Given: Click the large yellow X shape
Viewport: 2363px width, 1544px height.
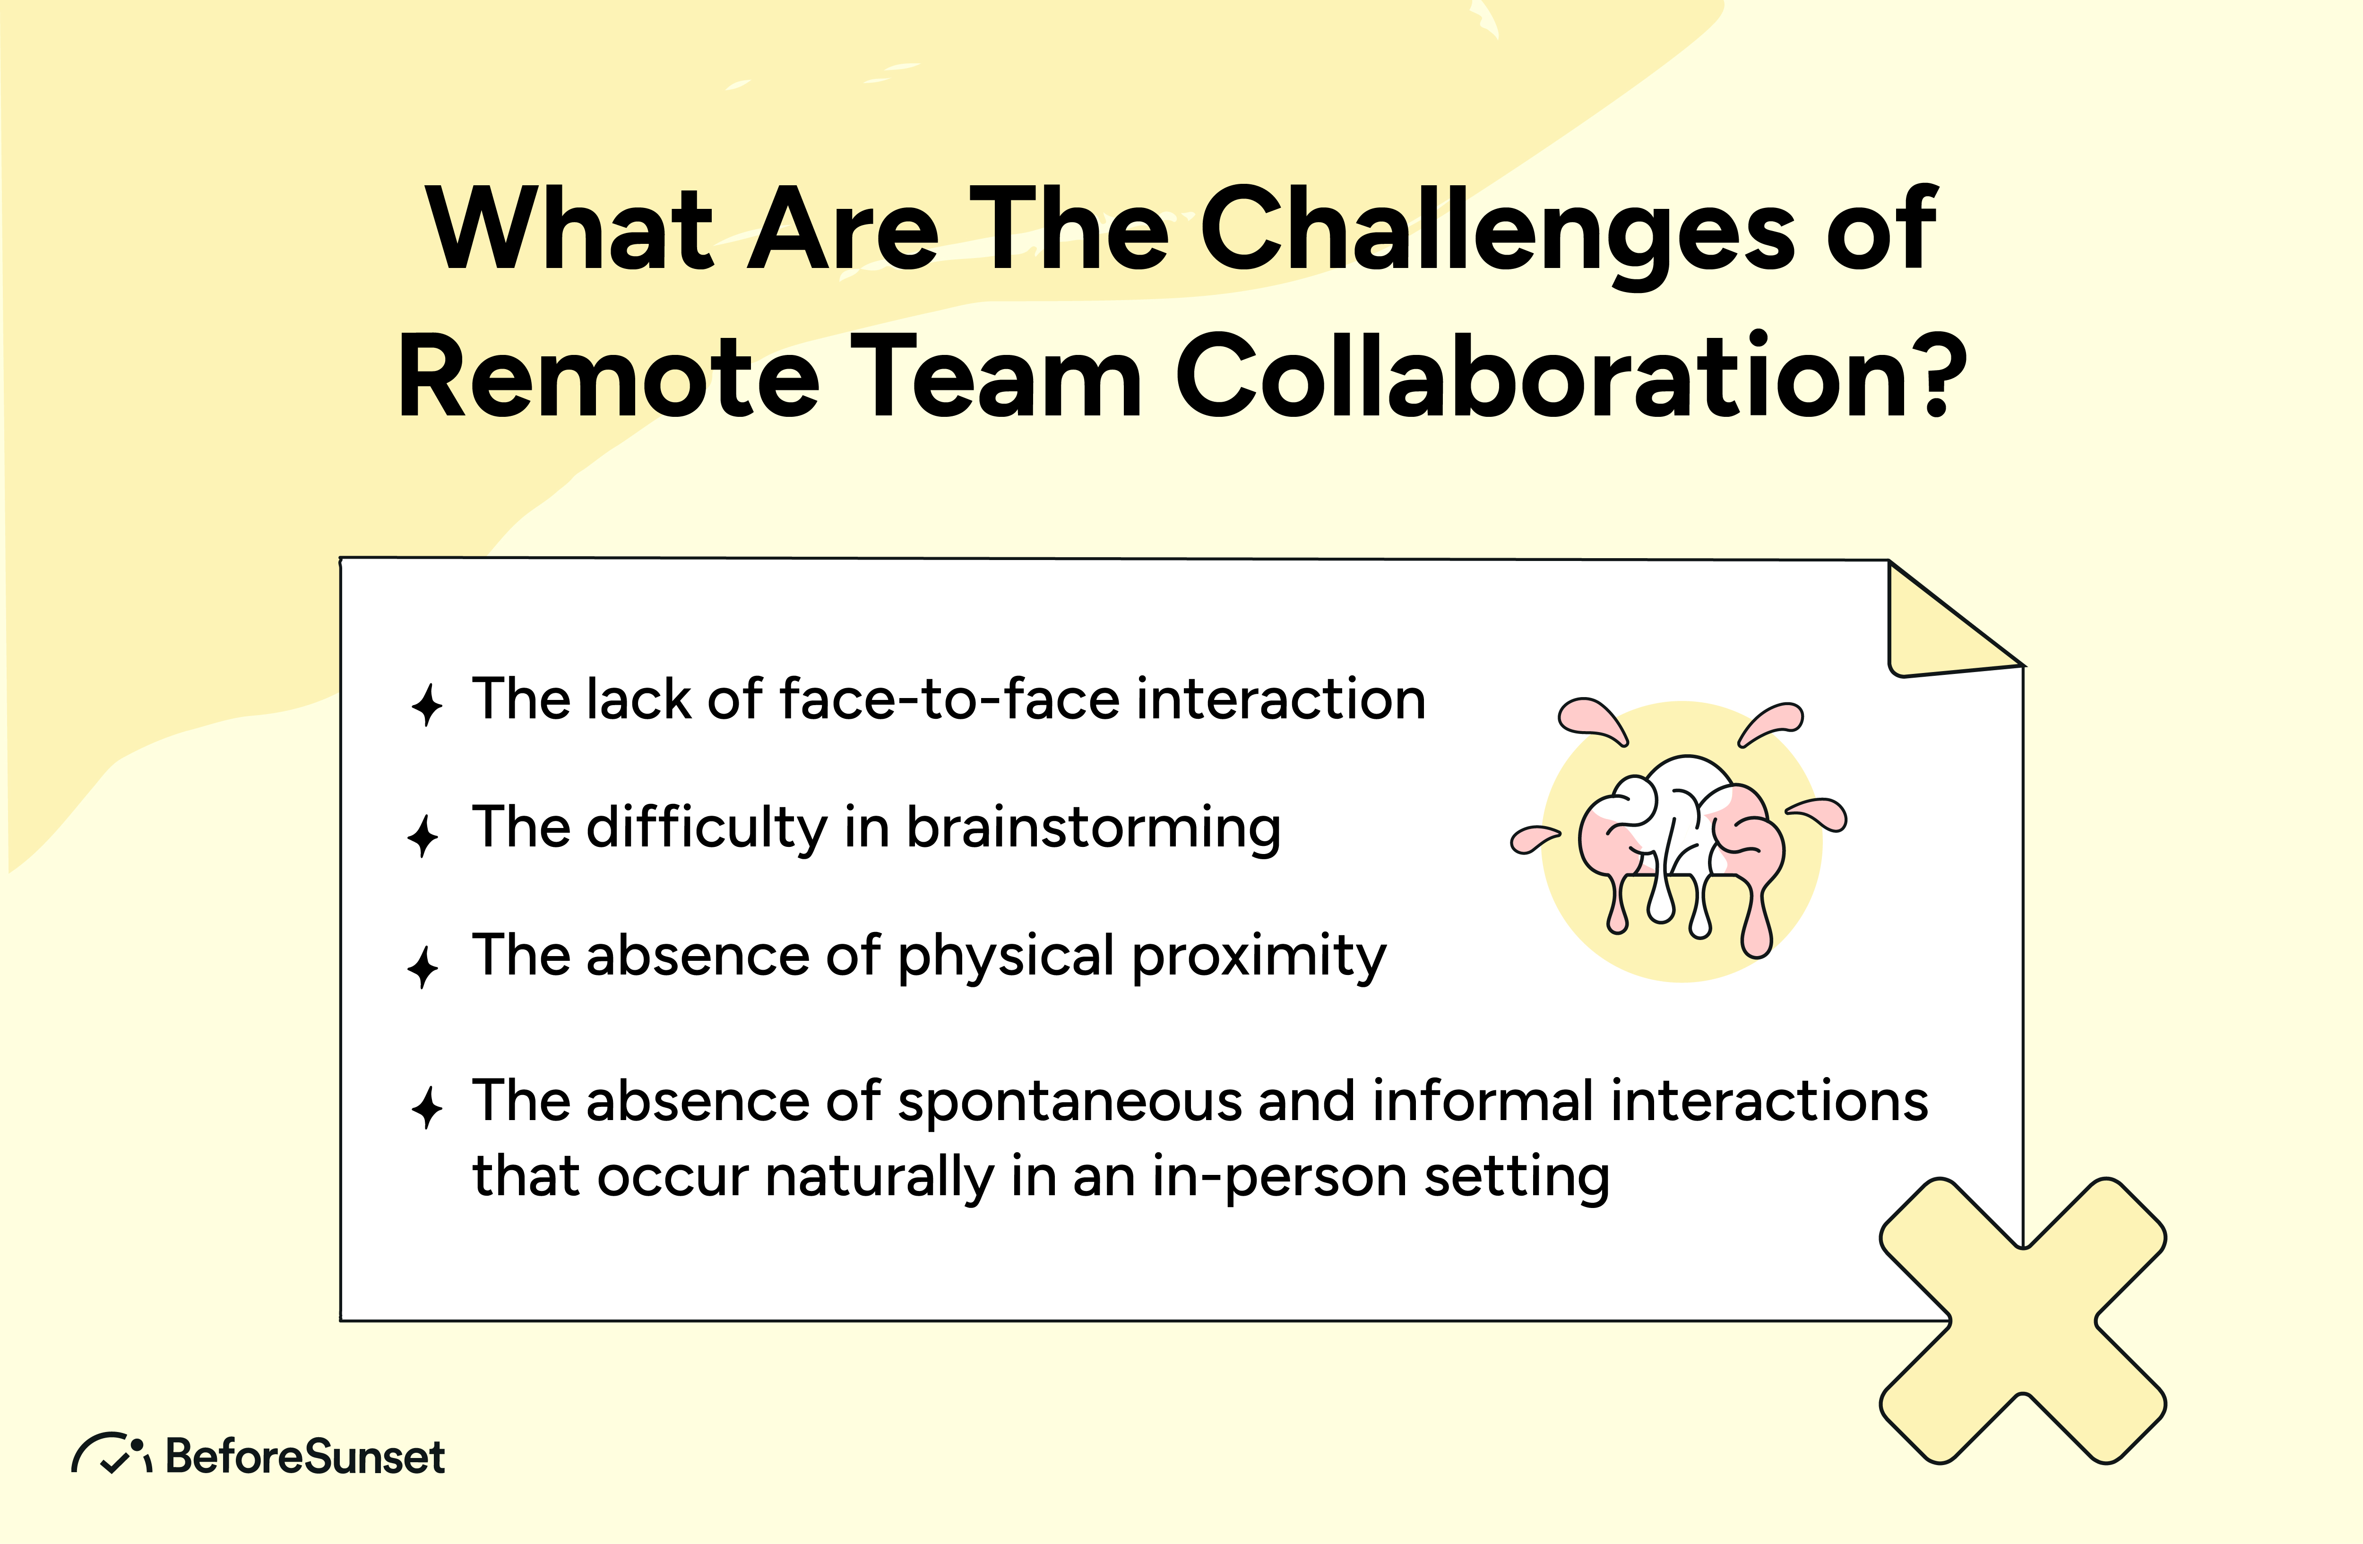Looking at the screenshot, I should [2022, 1320].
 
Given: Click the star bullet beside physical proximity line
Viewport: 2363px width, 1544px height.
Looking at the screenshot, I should [423, 966].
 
